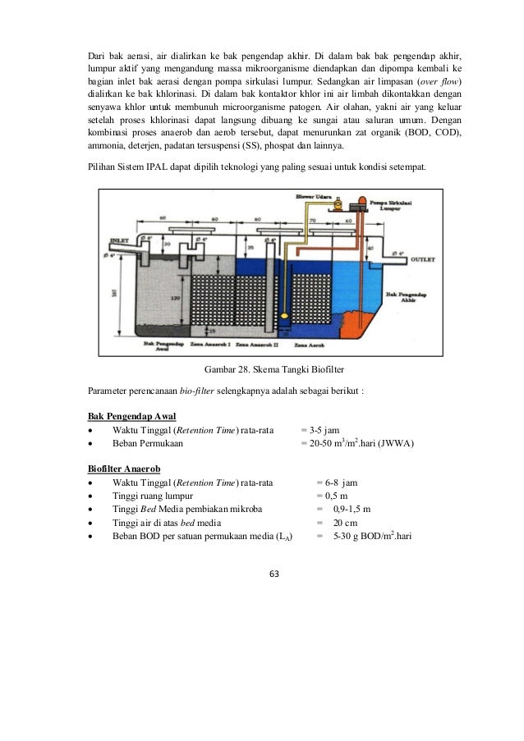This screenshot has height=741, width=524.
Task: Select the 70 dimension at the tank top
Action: [x=313, y=220]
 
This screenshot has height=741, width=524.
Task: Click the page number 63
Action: [x=262, y=573]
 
